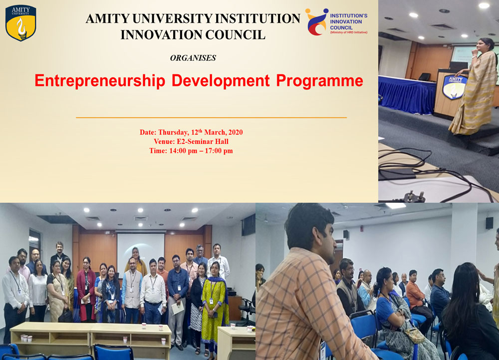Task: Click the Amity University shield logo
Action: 20,23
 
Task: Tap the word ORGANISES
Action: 193,58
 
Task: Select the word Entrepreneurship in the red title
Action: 100,81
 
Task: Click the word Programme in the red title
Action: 319,81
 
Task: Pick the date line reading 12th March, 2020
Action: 191,132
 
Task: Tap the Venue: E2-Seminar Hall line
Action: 191,141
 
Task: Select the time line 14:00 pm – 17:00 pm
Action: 191,151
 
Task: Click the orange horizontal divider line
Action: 211,117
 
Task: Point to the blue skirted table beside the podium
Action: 407,94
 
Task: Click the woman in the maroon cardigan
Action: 86,290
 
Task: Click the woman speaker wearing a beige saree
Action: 474,86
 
